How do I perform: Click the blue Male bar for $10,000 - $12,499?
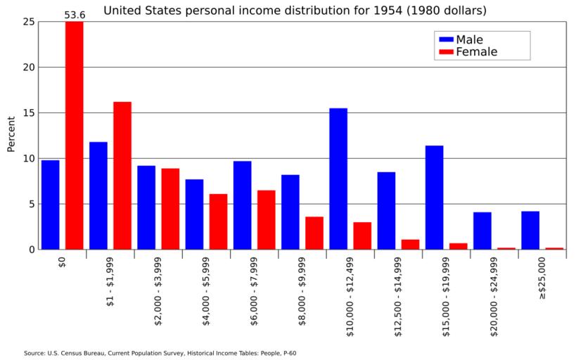coord(338,179)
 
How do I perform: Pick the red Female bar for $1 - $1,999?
coord(122,176)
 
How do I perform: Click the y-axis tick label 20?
coord(28,67)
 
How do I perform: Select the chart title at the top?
coord(295,11)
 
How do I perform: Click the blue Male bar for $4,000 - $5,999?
coord(194,214)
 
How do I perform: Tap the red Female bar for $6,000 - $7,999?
coord(266,219)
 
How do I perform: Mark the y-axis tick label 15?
coord(28,112)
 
